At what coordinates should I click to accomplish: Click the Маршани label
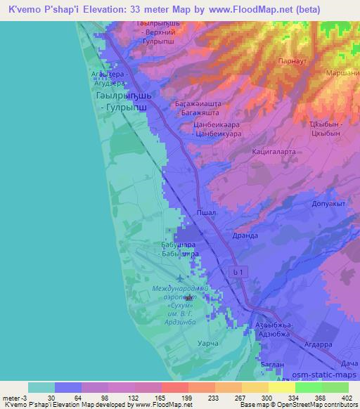click(x=343, y=72)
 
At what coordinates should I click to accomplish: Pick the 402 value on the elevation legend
click(x=348, y=397)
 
